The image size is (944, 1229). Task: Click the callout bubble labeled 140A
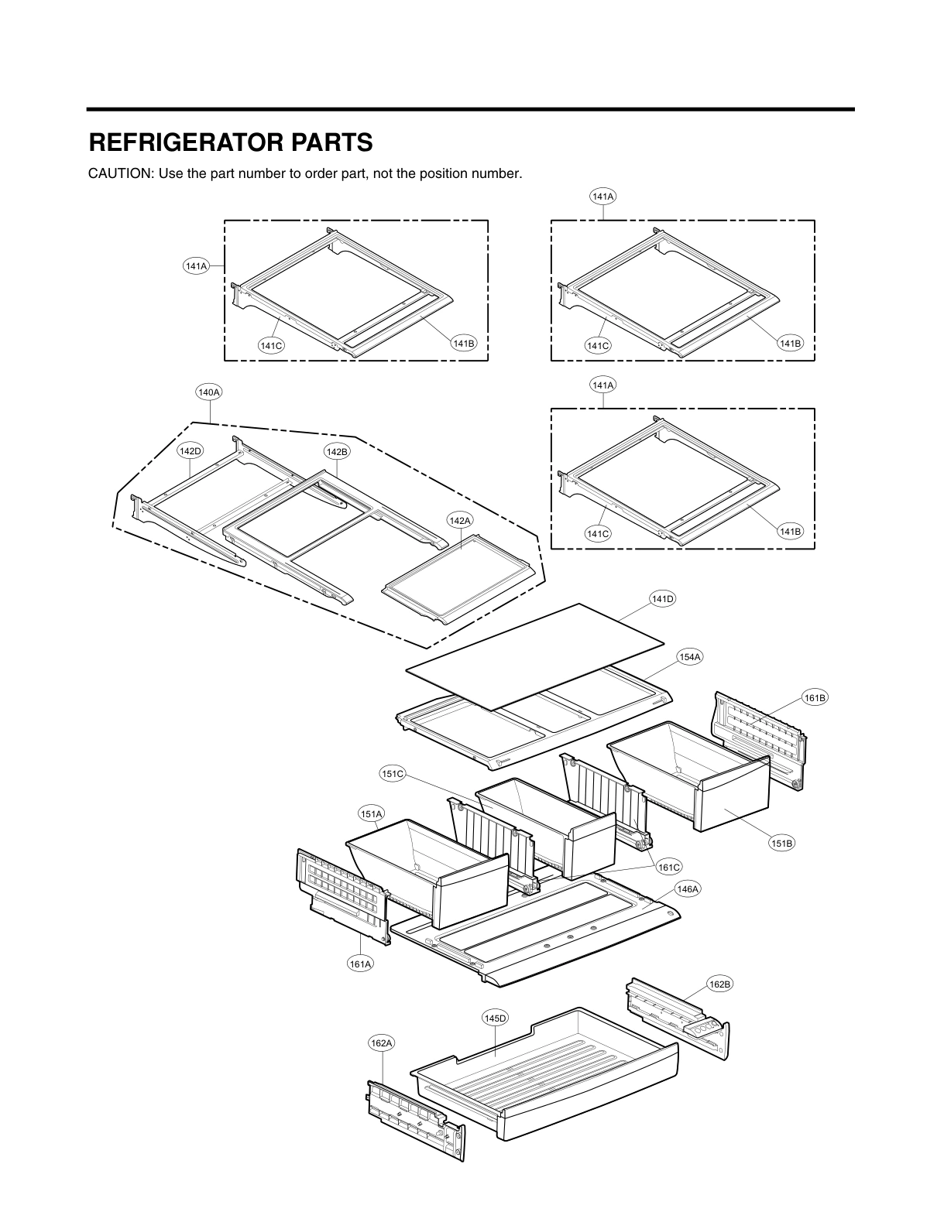[209, 392]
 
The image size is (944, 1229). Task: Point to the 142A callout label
[459, 521]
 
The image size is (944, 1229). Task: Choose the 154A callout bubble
[689, 656]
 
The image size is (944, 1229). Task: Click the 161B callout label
[815, 698]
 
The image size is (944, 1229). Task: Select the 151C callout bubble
[393, 773]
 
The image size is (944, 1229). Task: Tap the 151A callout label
[371, 813]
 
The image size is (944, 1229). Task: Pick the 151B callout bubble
[782, 844]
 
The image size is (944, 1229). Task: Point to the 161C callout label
[669, 868]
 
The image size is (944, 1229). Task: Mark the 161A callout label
[360, 964]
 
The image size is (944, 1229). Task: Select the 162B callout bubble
[719, 984]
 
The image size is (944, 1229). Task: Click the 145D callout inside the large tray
[495, 1018]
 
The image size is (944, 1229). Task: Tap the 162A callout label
[381, 1043]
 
